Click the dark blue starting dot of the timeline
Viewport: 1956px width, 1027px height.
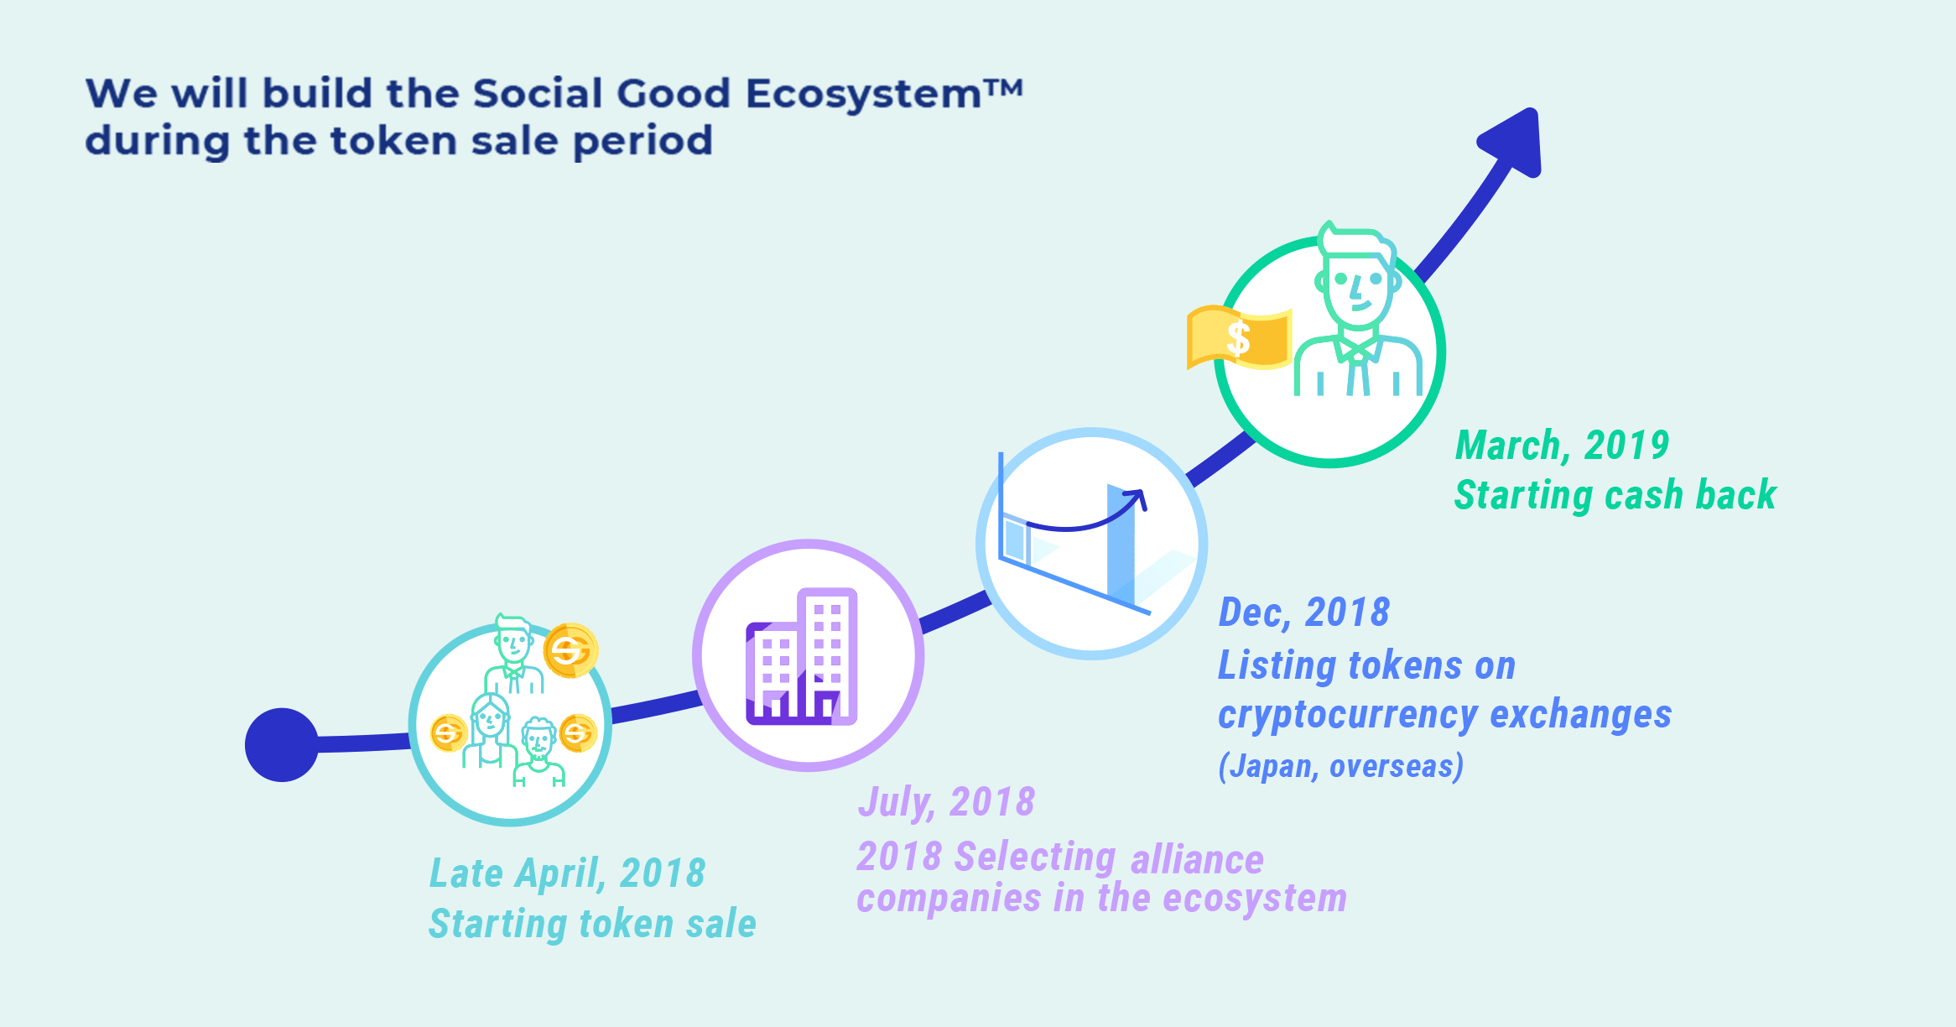282,745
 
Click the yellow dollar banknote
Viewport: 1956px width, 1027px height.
1239,337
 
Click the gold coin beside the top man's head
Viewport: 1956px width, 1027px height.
570,650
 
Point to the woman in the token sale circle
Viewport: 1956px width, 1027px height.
490,730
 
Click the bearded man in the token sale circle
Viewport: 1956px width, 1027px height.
538,752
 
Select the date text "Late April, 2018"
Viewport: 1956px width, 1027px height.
567,873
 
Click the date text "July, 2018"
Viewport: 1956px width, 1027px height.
946,802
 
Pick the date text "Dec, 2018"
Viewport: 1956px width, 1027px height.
1303,613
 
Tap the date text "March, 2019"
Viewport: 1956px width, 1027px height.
1562,446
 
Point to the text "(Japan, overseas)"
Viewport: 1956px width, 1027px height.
1340,766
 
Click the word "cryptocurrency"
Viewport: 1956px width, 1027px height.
1348,715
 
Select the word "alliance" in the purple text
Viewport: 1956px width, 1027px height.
1197,859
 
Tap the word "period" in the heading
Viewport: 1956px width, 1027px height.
642,141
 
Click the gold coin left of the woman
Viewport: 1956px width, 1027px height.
448,733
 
